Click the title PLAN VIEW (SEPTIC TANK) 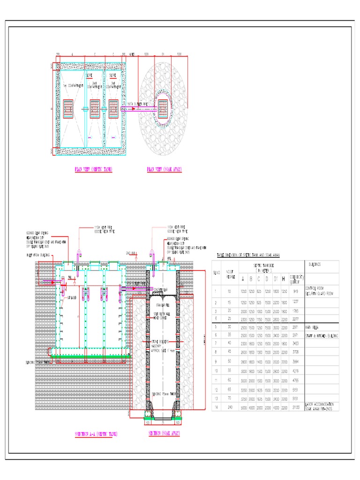point(94,169)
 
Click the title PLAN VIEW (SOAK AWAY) point(164,169)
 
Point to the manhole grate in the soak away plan point(164,108)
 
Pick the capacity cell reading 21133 point(296,407)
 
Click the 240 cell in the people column point(229,407)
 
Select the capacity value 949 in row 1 point(296,291)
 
